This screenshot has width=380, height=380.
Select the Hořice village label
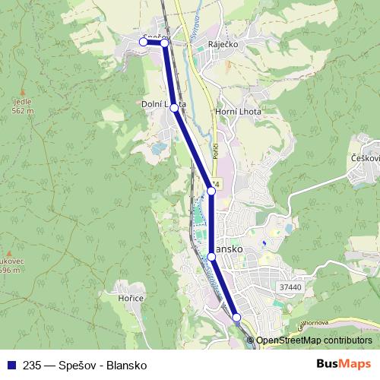click(131, 298)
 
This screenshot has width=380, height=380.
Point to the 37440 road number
click(290, 287)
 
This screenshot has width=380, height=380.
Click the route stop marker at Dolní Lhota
click(174, 108)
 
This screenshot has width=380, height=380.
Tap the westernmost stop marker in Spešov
click(143, 42)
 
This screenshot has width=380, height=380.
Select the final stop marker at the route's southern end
click(236, 317)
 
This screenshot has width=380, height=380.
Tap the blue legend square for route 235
click(11, 365)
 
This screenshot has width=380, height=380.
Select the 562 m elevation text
click(23, 111)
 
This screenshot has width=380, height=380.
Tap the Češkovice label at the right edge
click(366, 157)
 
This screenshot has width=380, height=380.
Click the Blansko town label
click(229, 249)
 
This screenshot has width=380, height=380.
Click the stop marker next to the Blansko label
click(212, 258)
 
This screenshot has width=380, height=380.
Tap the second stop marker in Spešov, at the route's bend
click(164, 43)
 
